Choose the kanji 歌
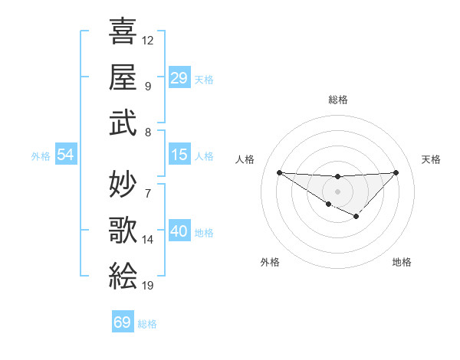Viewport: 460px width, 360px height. click(x=123, y=228)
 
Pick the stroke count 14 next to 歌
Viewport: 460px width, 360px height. click(x=148, y=240)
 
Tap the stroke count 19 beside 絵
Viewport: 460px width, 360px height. click(x=148, y=286)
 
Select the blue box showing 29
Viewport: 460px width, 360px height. click(x=179, y=78)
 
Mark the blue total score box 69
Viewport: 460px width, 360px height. click(x=123, y=322)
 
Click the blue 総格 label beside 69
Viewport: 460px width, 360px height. click(x=147, y=324)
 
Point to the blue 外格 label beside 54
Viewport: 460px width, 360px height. click(x=41, y=156)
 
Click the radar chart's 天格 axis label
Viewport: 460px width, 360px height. click(x=431, y=159)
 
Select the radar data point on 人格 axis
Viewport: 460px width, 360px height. click(x=279, y=172)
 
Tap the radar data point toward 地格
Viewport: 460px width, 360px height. click(x=356, y=217)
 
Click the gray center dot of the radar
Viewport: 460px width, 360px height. click(x=337, y=191)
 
